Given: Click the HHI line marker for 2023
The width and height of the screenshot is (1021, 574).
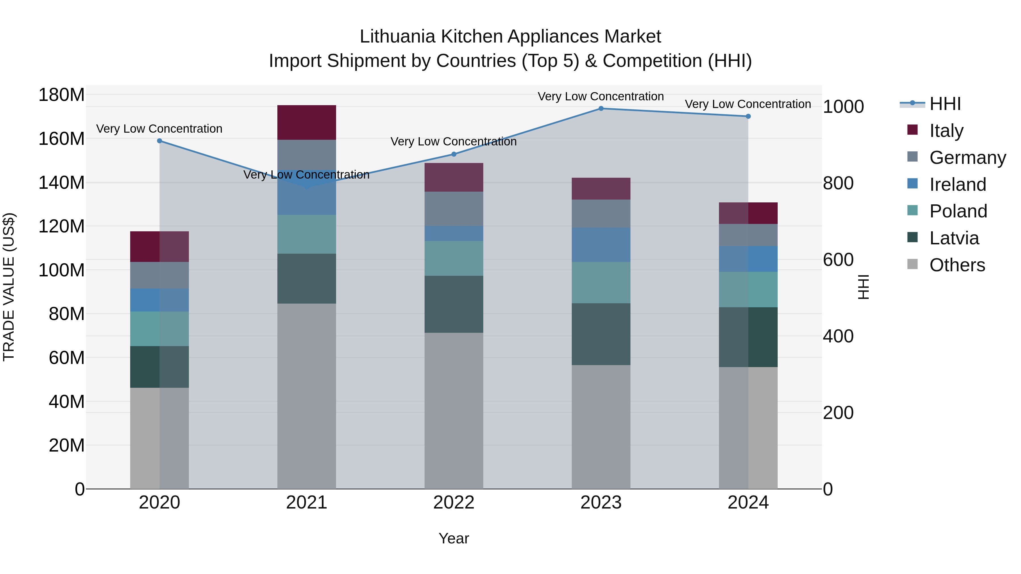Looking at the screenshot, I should click(x=601, y=109).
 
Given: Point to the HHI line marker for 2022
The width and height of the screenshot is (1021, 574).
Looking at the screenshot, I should click(x=454, y=154).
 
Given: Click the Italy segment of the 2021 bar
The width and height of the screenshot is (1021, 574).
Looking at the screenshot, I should click(x=306, y=122).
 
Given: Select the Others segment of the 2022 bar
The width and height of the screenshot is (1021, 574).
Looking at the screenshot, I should click(x=454, y=410).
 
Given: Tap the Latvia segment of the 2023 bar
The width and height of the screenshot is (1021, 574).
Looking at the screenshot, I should click(x=601, y=334).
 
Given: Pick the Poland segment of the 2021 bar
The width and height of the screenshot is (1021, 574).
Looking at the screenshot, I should click(x=306, y=234).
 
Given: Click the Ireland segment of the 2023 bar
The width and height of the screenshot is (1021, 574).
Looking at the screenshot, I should click(x=601, y=245).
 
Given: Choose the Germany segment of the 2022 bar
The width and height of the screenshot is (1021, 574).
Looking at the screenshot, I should click(x=454, y=209).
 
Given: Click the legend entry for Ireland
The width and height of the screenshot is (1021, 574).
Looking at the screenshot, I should click(x=957, y=185).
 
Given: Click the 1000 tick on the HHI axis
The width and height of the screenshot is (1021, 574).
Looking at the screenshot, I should click(x=843, y=107).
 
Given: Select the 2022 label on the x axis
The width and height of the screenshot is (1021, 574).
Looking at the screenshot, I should click(x=454, y=503).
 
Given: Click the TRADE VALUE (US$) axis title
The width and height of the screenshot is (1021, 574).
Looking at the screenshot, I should click(x=9, y=287).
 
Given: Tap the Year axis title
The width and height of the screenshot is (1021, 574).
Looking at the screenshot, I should click(x=454, y=538).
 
